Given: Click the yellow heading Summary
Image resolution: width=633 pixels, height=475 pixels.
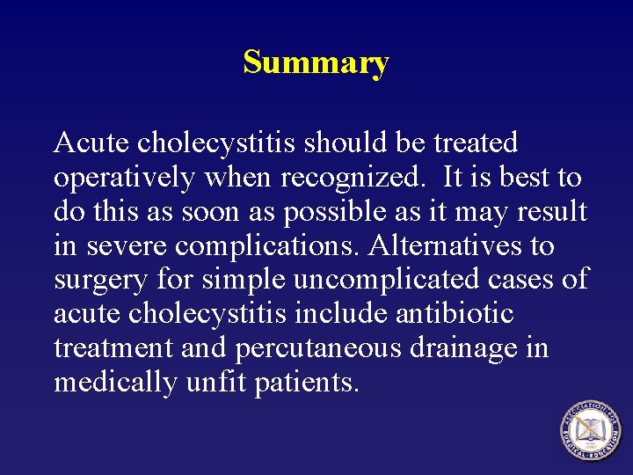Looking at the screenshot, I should [x=316, y=63].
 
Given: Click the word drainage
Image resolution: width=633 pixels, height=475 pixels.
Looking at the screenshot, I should [x=465, y=348].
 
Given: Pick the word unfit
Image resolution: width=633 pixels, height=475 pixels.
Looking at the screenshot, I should [x=210, y=383].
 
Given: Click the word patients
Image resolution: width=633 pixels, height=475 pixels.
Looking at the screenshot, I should [x=307, y=383].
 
